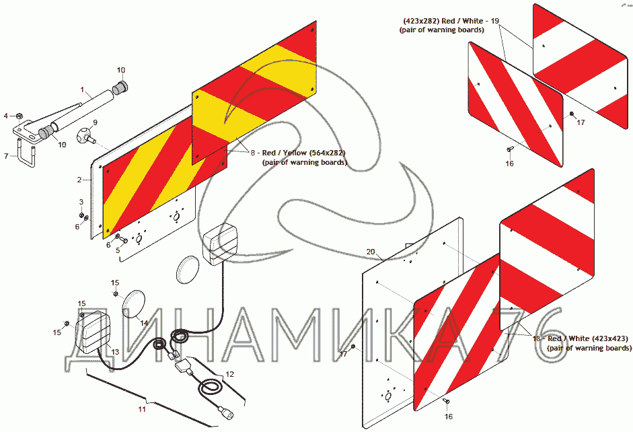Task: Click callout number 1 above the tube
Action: click(82, 90)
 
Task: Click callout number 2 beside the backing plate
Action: click(79, 180)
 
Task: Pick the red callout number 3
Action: click(81, 202)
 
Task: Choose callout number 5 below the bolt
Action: click(118, 250)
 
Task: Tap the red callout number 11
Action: click(142, 408)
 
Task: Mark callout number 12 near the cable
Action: click(229, 373)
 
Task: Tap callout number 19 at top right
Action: click(494, 21)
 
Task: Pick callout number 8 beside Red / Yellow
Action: click(253, 153)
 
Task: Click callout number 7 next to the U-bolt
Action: click(6, 156)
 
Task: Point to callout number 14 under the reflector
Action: click(143, 323)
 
